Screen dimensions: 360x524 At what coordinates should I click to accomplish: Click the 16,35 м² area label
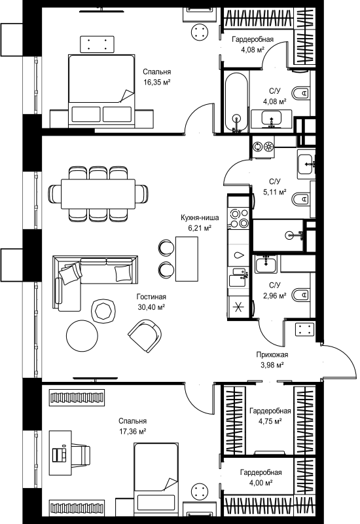point(157,83)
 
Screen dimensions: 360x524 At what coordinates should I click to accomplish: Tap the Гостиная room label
point(151,297)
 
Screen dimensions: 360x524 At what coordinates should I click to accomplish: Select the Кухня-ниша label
point(200,218)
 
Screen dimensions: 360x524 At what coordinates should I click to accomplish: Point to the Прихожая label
point(272,354)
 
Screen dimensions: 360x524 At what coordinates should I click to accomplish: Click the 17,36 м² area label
point(133,432)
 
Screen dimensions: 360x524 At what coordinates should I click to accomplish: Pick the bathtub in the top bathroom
point(237,103)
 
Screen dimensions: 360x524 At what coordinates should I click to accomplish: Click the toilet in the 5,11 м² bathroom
point(302,199)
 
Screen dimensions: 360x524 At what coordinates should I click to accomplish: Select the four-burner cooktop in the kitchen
point(238,217)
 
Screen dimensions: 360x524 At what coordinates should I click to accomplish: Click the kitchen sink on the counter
point(238,276)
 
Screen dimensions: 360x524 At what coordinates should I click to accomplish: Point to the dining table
point(98,193)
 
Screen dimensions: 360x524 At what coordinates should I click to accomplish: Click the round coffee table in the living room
point(82,336)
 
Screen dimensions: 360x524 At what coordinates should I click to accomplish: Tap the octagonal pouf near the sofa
point(103,310)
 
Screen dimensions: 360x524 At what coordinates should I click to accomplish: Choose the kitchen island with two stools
point(187,259)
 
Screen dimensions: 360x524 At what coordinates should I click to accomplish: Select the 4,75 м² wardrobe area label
point(270,421)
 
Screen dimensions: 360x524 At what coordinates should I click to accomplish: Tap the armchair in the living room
point(145,335)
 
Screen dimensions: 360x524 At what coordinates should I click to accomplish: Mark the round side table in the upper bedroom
point(200,31)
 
